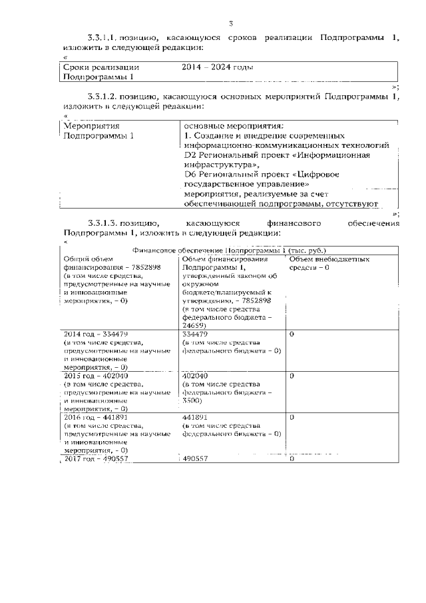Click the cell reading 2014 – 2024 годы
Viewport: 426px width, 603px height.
(217, 67)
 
